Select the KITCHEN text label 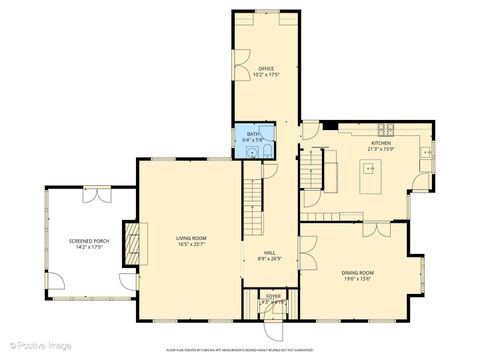[381, 143]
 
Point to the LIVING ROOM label [191, 237]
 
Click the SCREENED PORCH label [88, 241]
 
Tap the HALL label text [270, 252]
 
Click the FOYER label [272, 296]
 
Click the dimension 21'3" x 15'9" [381, 150]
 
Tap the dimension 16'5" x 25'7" [191, 244]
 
